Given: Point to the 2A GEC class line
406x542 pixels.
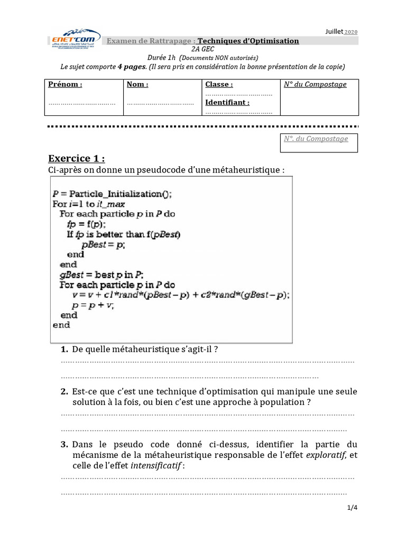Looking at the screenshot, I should tap(203, 49).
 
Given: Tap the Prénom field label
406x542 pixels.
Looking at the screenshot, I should tap(65, 84).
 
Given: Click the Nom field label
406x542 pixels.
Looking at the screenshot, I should tap(137, 84).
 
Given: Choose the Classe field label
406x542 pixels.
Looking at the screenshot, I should tap(219, 84).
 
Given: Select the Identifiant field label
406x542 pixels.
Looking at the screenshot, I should tap(227, 103).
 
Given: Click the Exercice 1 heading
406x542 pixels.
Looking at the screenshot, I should tap(76, 158).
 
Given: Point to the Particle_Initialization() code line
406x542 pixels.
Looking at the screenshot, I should tap(112, 194).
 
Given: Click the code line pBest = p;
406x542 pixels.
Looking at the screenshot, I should tap(104, 245).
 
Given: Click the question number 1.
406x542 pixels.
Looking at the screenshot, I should tap(64, 349).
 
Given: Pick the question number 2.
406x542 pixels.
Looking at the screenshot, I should tap(64, 392).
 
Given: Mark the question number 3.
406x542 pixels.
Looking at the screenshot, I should tap(64, 444).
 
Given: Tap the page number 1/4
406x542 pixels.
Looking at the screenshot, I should tap(352, 508).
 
